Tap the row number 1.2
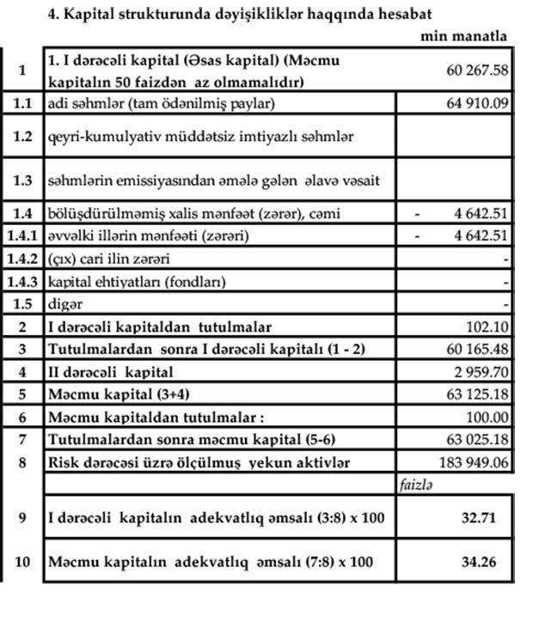point(23,136)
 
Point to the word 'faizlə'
point(415,485)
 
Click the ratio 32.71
point(481,518)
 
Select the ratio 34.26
point(481,564)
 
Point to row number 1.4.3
point(23,282)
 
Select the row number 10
point(23,564)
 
